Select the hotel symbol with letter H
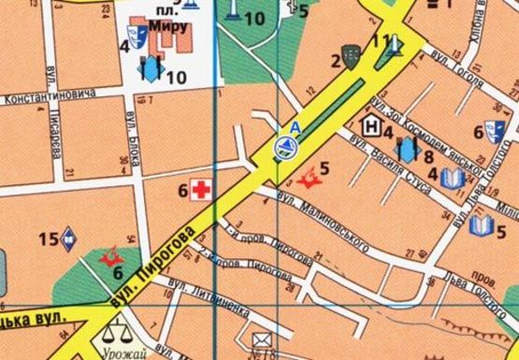click(370, 124)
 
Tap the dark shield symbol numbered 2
click(352, 58)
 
